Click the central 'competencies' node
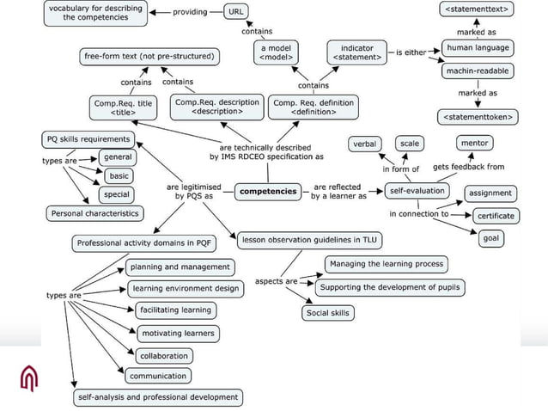[268, 191]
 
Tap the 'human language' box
[478, 48]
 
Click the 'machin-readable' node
[477, 71]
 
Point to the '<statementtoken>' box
[477, 115]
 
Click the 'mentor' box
[475, 142]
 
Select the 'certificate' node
[496, 216]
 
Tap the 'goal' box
[490, 238]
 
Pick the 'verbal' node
[366, 143]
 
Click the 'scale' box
[410, 143]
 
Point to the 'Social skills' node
[328, 313]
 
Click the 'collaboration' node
[164, 355]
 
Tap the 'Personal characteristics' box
[94, 213]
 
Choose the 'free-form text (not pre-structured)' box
[149, 57]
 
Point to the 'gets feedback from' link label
[468, 167]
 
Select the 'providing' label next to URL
[190, 12]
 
